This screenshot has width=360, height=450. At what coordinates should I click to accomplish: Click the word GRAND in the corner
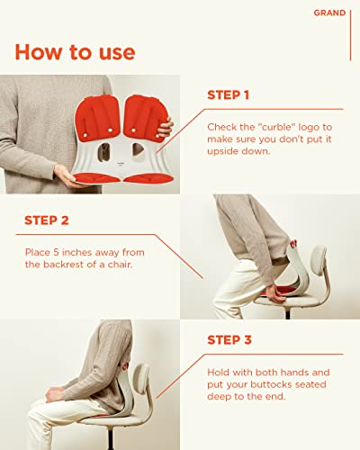[x=328, y=13]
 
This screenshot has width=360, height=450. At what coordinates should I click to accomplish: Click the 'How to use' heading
[x=75, y=52]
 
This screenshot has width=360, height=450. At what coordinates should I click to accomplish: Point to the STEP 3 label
[x=229, y=340]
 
